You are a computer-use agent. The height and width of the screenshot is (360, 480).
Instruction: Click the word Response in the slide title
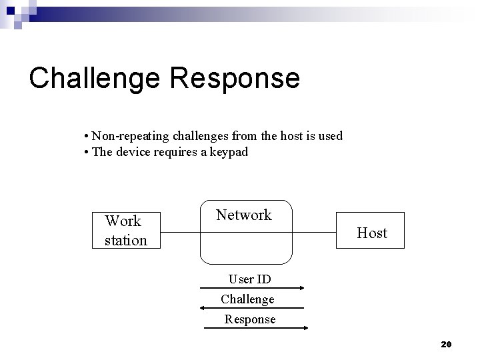point(235,78)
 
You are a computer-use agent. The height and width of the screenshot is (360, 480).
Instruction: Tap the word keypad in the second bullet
point(227,152)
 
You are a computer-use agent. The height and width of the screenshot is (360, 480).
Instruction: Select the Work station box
point(125,230)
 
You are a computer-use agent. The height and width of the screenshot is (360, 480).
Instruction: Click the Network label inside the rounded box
point(244,215)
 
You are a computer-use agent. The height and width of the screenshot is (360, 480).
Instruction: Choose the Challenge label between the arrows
point(247,299)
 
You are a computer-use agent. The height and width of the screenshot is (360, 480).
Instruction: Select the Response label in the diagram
point(249,319)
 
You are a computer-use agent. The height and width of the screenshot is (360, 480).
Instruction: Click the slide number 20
point(446,344)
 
